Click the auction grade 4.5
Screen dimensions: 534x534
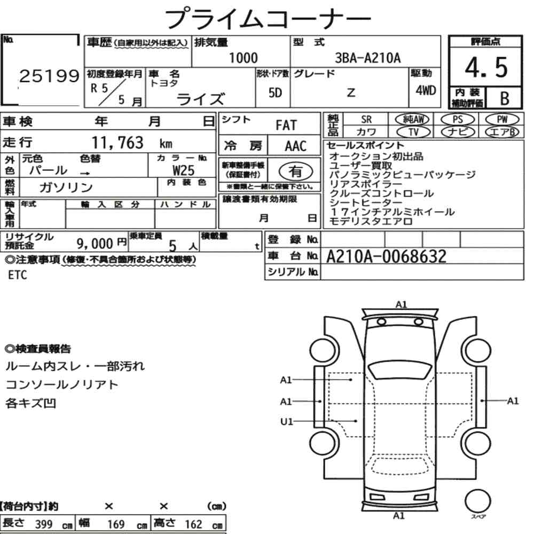point(486,67)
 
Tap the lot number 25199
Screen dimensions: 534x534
point(49,76)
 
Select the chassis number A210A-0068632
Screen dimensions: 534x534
point(386,256)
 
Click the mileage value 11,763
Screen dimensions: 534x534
point(117,143)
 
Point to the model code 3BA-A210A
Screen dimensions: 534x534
point(368,58)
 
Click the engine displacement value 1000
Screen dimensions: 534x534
point(243,58)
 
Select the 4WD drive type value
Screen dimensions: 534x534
point(426,91)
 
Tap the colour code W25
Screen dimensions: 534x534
point(184,170)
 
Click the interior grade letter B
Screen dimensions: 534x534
point(505,99)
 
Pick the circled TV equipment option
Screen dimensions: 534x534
point(414,132)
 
